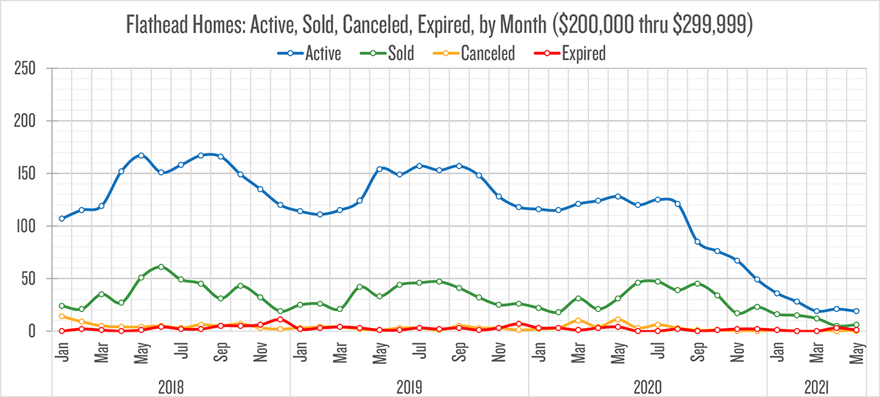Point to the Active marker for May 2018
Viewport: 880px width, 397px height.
point(141,156)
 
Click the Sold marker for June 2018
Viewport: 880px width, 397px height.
point(161,267)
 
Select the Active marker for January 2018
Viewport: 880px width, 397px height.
point(62,219)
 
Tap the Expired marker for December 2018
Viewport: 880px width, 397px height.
point(280,319)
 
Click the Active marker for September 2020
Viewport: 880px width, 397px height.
point(697,242)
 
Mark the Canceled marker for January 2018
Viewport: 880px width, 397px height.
point(62,316)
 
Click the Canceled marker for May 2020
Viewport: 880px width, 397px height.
point(617,319)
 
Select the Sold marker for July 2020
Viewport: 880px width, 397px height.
point(657,281)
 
